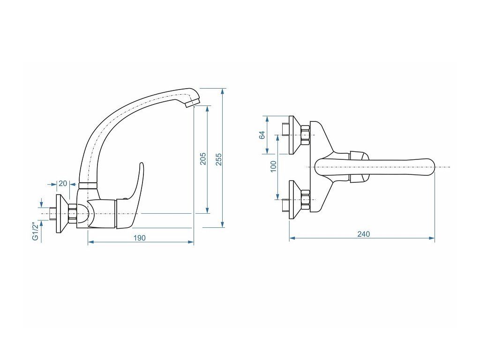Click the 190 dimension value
point(140,238)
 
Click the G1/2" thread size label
point(35,231)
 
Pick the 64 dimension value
point(262,135)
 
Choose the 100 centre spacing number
point(273,166)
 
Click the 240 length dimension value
point(363,234)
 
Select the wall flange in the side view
point(61,213)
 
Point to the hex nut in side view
point(73,213)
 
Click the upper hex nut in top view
point(305,135)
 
